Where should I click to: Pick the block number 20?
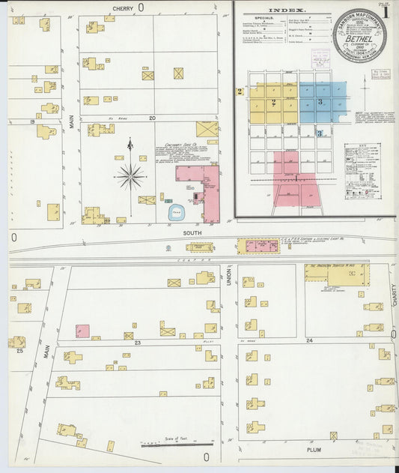(152, 118)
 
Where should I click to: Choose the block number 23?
(138, 343)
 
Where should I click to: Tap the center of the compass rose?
(130, 177)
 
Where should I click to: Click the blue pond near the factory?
(177, 211)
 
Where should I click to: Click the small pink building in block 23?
(82, 331)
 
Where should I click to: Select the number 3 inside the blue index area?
(320, 101)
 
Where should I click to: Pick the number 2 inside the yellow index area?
(273, 102)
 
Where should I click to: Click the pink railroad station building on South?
(257, 246)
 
